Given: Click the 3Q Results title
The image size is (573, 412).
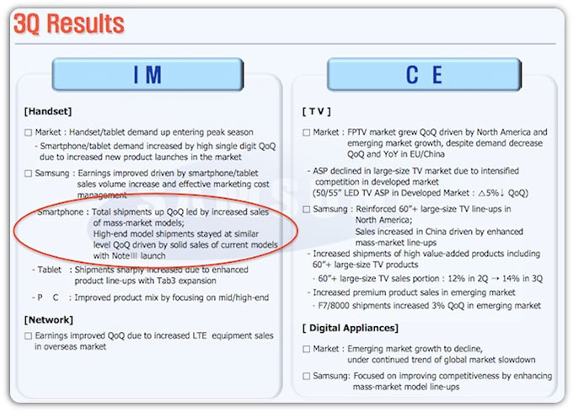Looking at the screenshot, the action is point(69,24).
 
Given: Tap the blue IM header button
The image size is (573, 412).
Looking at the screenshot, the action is point(147,74).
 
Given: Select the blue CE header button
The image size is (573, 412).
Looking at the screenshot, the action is point(424,74).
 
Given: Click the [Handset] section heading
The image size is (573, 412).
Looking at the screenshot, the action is point(48,111).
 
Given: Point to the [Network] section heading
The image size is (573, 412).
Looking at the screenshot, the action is point(49,320).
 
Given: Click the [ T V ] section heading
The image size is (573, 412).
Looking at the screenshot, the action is point(317,111).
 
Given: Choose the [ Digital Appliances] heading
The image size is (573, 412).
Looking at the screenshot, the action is point(350,328).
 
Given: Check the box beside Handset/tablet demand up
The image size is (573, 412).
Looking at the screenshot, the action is point(28,132).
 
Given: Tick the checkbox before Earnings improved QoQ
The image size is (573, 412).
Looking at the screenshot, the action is point(28,336).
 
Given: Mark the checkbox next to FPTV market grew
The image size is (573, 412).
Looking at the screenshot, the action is point(306,132).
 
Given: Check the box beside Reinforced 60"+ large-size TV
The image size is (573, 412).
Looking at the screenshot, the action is point(306,209).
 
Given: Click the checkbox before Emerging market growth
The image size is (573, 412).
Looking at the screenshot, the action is point(306,349).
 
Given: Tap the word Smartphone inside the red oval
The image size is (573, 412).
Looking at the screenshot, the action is point(61,212).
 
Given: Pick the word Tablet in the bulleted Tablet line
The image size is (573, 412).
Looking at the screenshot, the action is point(50,270).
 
